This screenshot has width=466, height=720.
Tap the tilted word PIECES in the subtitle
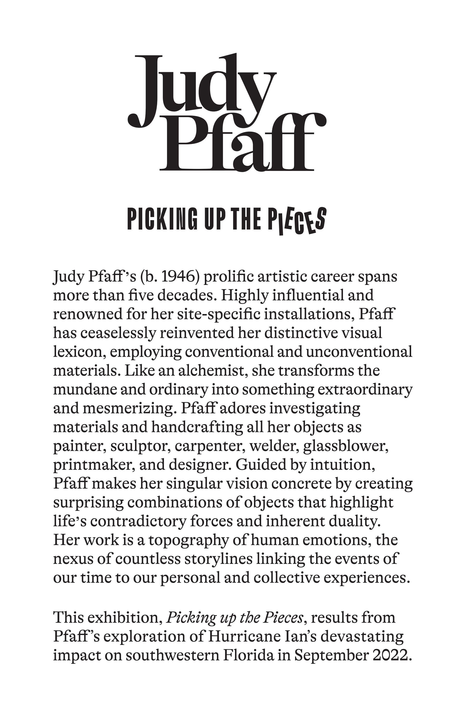point(297,220)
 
